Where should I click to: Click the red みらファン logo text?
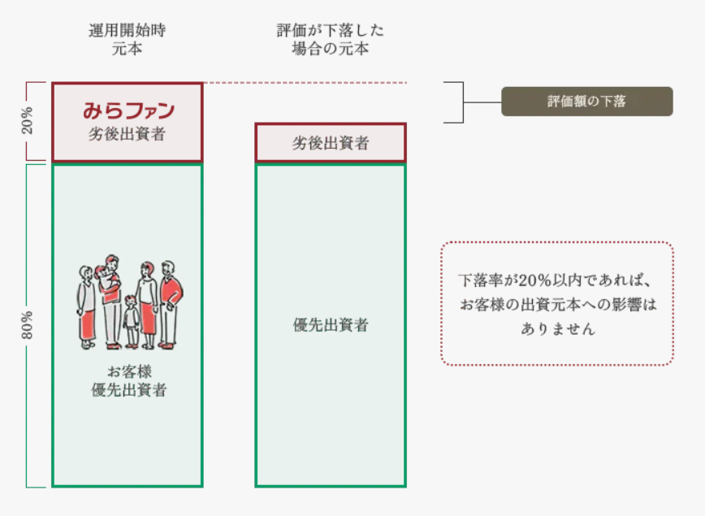[128, 110]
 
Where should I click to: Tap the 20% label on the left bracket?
[28, 120]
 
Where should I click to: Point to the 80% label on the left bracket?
[28, 325]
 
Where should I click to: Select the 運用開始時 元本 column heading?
[127, 40]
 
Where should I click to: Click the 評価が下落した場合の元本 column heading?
[331, 40]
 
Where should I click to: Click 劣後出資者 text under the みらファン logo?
[127, 135]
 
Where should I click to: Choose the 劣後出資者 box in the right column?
[331, 143]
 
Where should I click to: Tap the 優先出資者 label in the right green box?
[331, 325]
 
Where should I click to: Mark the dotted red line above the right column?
[305, 83]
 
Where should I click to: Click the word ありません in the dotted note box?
[558, 330]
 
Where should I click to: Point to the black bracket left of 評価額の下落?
[460, 102]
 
